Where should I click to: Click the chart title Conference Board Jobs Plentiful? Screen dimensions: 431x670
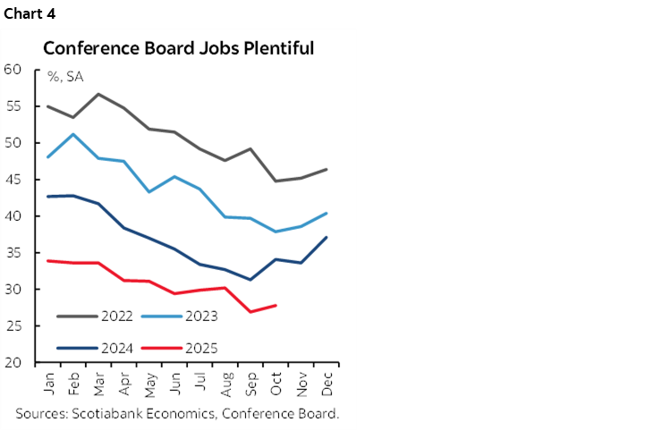click(x=178, y=48)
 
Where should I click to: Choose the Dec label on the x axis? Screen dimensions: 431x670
click(x=327, y=383)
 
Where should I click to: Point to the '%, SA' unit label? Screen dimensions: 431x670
click(x=65, y=77)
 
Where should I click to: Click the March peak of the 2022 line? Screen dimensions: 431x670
click(x=98, y=94)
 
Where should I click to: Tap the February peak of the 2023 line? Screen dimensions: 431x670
click(x=73, y=134)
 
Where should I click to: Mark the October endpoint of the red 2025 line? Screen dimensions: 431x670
click(x=276, y=306)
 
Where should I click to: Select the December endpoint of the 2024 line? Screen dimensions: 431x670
click(x=327, y=237)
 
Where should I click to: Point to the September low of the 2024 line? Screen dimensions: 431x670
click(x=250, y=280)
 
